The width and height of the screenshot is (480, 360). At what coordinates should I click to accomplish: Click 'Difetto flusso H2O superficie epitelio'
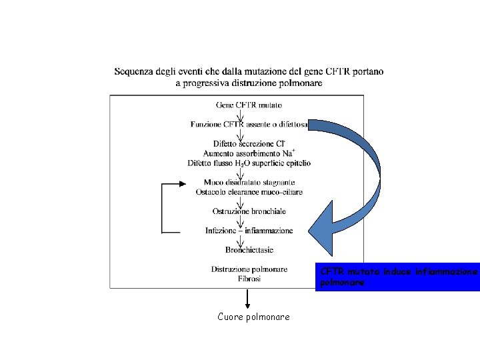pyautogui.click(x=249, y=163)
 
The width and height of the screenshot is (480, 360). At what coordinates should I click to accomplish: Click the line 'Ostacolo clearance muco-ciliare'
pyautogui.click(x=249, y=192)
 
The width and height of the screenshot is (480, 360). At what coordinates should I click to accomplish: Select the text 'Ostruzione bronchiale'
pyautogui.click(x=249, y=211)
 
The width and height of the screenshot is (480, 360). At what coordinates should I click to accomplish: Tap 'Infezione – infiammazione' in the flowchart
pyautogui.click(x=249, y=231)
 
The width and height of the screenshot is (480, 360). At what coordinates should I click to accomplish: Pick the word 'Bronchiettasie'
pyautogui.click(x=249, y=250)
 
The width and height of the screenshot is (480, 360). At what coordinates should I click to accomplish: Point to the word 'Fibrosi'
pyautogui.click(x=249, y=279)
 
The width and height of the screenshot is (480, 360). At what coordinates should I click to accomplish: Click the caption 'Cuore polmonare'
pyautogui.click(x=253, y=317)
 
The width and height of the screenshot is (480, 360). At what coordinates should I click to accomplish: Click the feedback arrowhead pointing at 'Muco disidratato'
pyautogui.click(x=178, y=183)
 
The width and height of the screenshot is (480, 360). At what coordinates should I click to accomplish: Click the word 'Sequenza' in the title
pyautogui.click(x=135, y=71)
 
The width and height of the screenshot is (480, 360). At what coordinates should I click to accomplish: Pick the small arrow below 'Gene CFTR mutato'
pyautogui.click(x=240, y=114)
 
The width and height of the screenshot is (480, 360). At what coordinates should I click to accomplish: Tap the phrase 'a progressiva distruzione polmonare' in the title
pyautogui.click(x=249, y=83)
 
